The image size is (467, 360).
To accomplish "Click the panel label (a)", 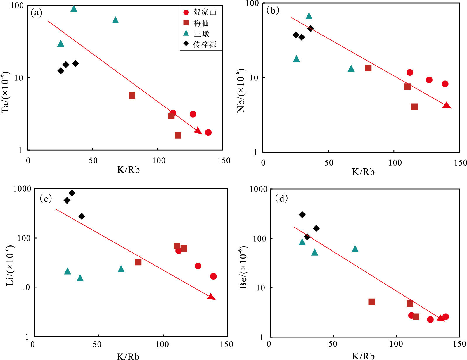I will click(37, 13).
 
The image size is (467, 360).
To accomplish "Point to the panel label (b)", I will click(273, 11).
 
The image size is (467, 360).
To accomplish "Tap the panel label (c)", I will click(46, 199).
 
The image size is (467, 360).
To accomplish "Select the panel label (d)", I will click(281, 199).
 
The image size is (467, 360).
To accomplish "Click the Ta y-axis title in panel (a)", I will click(6, 92).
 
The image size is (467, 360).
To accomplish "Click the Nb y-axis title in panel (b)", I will click(241, 91).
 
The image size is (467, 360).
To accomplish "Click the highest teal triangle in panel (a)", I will click(74, 9).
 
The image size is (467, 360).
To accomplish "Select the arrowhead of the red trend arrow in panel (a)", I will click(199, 131).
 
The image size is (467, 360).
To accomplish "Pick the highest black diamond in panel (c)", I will click(72, 193).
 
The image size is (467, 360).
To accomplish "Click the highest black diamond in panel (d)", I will click(302, 215).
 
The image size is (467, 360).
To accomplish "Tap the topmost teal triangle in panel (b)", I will click(309, 16).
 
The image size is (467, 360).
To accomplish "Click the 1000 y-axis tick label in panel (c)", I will click(22, 189).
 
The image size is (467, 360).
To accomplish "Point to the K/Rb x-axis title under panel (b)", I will click(363, 172).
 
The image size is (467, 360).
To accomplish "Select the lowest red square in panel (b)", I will click(414, 107).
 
